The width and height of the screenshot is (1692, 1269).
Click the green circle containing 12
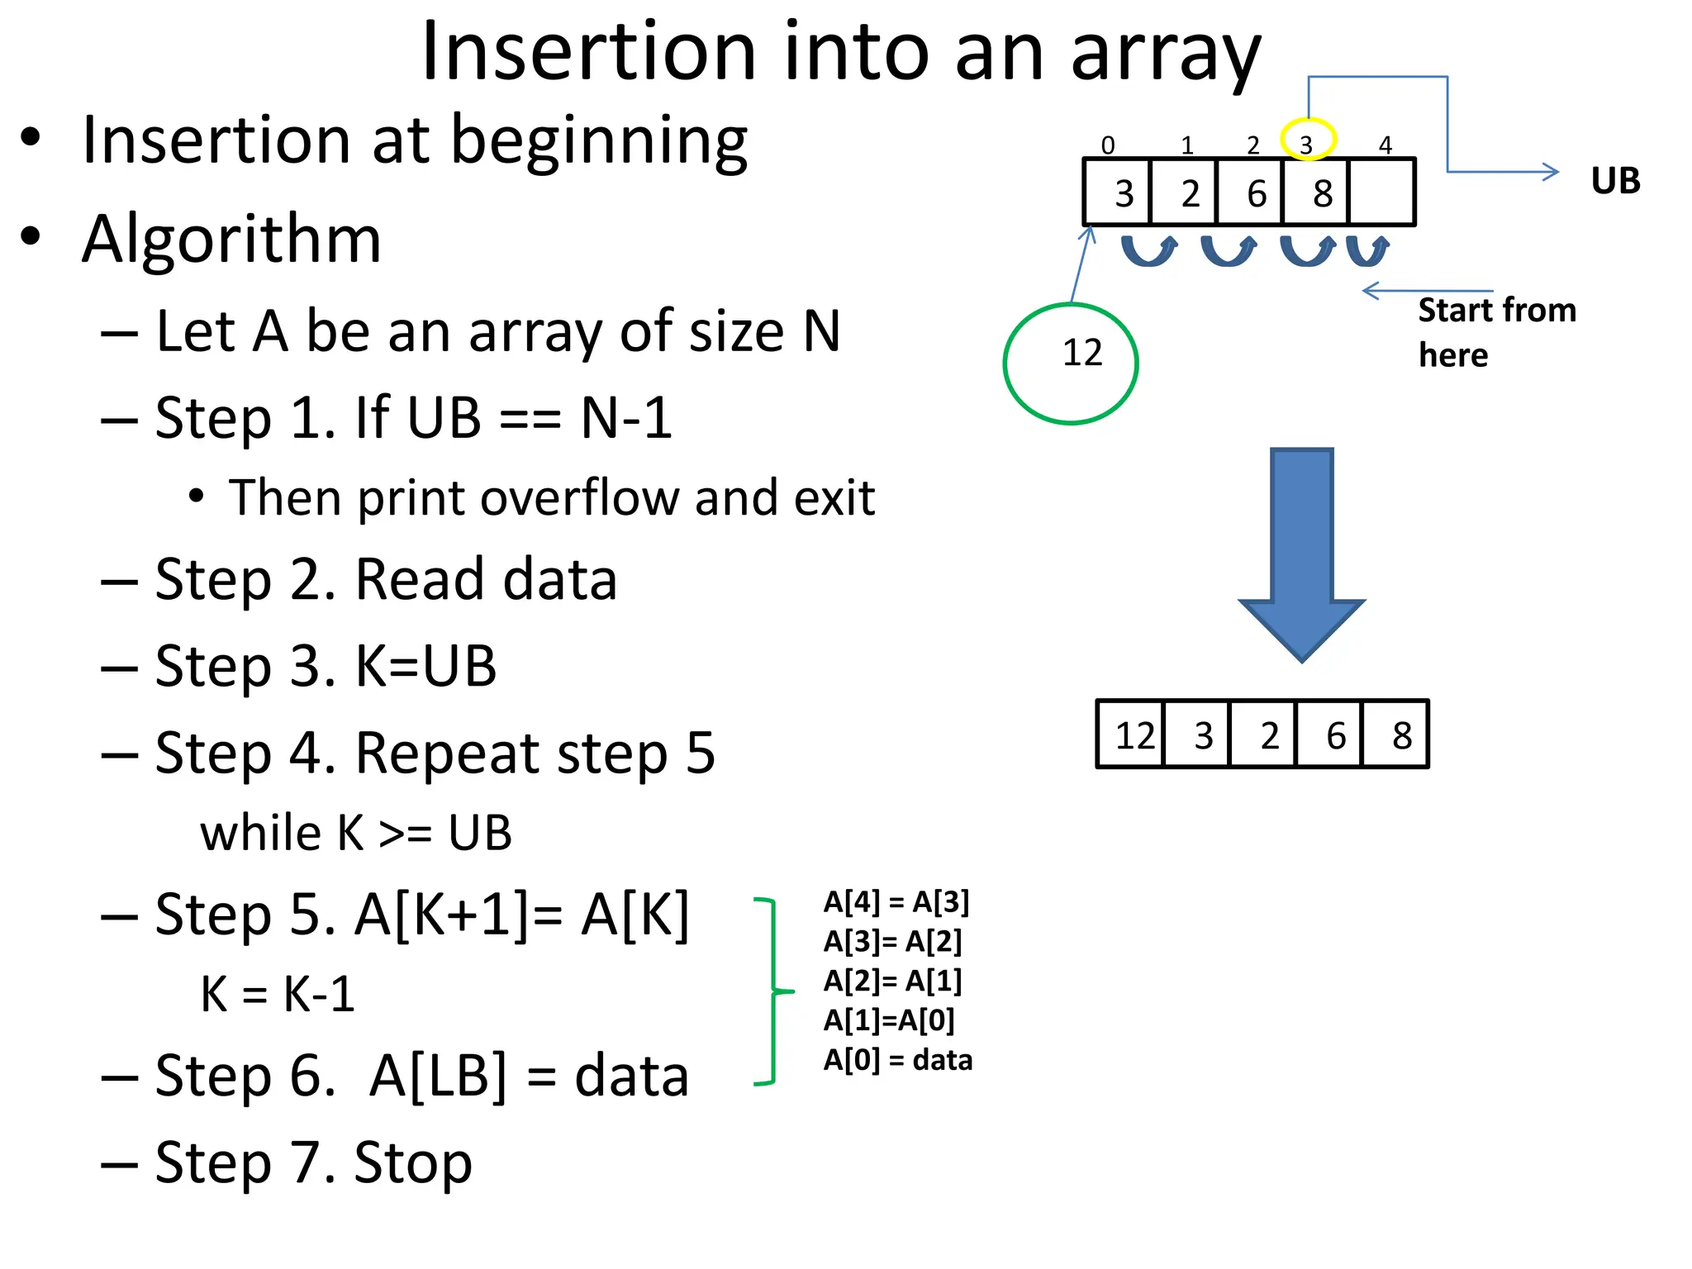pos(1070,364)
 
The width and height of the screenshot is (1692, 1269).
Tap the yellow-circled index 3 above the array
pos(1307,140)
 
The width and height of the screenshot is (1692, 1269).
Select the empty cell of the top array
pos(1381,192)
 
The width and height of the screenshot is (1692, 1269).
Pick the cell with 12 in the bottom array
pos(1132,734)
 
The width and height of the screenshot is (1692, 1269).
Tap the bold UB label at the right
pos(1614,181)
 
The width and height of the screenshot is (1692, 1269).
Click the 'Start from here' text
pos(1495,332)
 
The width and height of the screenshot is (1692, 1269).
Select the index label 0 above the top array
pos(1108,145)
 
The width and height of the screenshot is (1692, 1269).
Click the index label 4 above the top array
pos(1385,145)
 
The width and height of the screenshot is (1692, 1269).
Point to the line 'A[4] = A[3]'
pos(896,902)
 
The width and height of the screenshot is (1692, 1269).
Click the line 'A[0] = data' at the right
pos(898,1060)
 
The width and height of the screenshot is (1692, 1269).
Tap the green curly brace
pos(772,991)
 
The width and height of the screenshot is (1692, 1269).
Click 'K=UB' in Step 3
pos(425,666)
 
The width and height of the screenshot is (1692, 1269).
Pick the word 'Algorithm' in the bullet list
pos(232,240)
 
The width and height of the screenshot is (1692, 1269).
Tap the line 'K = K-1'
pos(278,994)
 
